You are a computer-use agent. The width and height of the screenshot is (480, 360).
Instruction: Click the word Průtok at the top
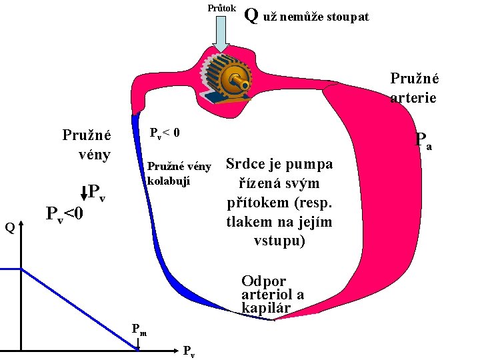[221, 9]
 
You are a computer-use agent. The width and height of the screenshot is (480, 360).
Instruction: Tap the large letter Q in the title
[251, 14]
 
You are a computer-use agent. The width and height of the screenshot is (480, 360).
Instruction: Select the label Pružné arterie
[414, 87]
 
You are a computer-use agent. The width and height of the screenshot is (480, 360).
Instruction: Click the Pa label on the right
[422, 141]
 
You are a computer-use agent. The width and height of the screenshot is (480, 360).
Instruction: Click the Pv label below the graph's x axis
[189, 351]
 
